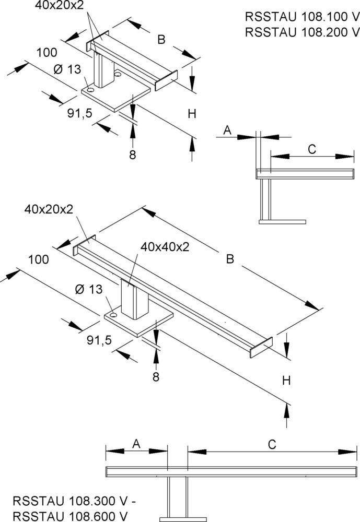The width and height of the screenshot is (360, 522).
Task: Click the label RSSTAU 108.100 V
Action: tap(301, 16)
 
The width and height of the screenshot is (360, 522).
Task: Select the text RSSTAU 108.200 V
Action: tap(301, 32)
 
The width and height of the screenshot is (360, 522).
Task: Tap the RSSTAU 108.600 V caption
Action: tap(70, 516)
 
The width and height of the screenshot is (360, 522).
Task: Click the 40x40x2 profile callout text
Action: tap(164, 247)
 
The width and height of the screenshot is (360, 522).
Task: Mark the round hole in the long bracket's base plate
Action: tap(112, 315)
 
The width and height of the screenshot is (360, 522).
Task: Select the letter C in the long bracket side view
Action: tap(272, 444)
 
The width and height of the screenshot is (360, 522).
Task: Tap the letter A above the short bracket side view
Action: tap(227, 130)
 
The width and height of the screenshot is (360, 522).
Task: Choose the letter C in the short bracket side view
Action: tap(311, 149)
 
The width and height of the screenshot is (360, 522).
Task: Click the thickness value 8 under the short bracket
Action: tap(133, 155)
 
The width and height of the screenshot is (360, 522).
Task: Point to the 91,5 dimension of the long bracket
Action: tap(99, 340)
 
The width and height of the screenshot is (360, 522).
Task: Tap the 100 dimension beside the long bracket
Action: tap(39, 259)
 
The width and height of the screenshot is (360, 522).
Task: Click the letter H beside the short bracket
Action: tap(192, 114)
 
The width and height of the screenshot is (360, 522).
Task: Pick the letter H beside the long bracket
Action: tap(286, 381)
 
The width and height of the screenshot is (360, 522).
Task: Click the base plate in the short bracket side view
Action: tap(282, 222)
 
